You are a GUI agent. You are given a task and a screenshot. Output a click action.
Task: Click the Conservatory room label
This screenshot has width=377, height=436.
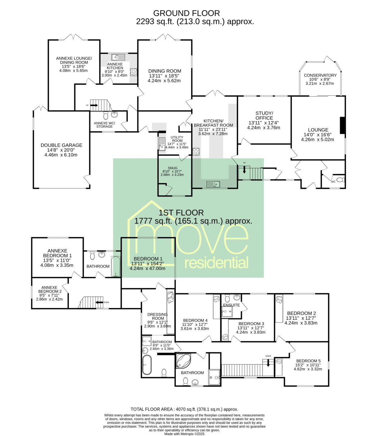coord(320,75)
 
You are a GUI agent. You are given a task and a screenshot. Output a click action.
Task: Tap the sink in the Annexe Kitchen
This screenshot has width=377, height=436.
coord(118,57)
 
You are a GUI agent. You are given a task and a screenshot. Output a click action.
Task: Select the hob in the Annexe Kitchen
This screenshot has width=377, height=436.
coord(133,72)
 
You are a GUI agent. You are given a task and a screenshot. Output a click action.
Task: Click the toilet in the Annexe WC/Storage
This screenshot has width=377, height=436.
coord(106,115)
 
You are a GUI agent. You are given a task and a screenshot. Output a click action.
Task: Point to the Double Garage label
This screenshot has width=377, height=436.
coord(62,145)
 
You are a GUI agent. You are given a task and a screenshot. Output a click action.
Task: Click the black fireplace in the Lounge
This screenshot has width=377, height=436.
coord(342,125)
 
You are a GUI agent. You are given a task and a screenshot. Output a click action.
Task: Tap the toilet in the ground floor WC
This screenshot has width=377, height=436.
coord(340,180)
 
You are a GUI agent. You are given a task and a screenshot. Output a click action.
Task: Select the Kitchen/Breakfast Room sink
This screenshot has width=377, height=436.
coord(213,184)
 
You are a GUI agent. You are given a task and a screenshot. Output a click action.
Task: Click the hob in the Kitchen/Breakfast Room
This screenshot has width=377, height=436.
coord(196,152)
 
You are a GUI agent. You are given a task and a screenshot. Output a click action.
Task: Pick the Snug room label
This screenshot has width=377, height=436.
coord(173,168)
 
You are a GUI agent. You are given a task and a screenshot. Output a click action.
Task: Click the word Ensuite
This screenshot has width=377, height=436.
coord(231,305)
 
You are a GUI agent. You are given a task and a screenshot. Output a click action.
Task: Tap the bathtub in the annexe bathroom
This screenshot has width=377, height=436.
coord(116,266)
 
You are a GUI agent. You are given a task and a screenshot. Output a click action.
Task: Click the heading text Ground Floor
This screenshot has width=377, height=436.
coord(187,13)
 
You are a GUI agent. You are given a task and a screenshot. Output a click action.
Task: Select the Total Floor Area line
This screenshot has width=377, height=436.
coord(184,409)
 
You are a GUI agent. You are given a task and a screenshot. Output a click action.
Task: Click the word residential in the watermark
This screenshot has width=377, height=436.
coord(216,263)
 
